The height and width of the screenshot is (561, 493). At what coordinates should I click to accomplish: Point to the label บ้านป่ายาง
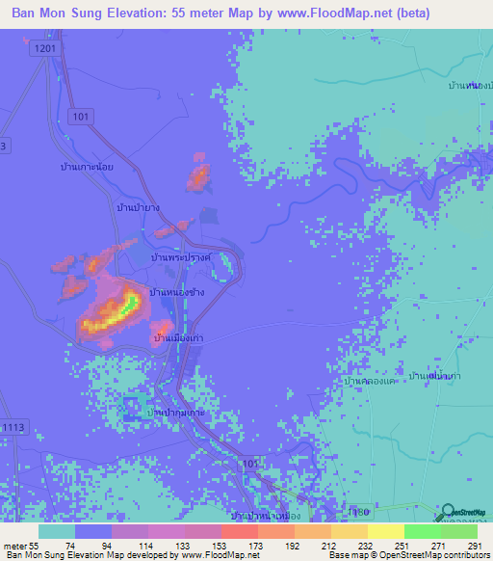137,207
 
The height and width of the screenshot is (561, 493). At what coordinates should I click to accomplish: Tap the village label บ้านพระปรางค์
181,259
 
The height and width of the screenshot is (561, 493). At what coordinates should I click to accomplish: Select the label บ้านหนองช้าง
176,292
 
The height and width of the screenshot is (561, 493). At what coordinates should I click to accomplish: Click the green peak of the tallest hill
126,306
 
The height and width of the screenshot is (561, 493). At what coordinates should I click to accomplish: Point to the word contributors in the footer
457,555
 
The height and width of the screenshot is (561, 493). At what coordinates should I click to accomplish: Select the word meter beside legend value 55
13,546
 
